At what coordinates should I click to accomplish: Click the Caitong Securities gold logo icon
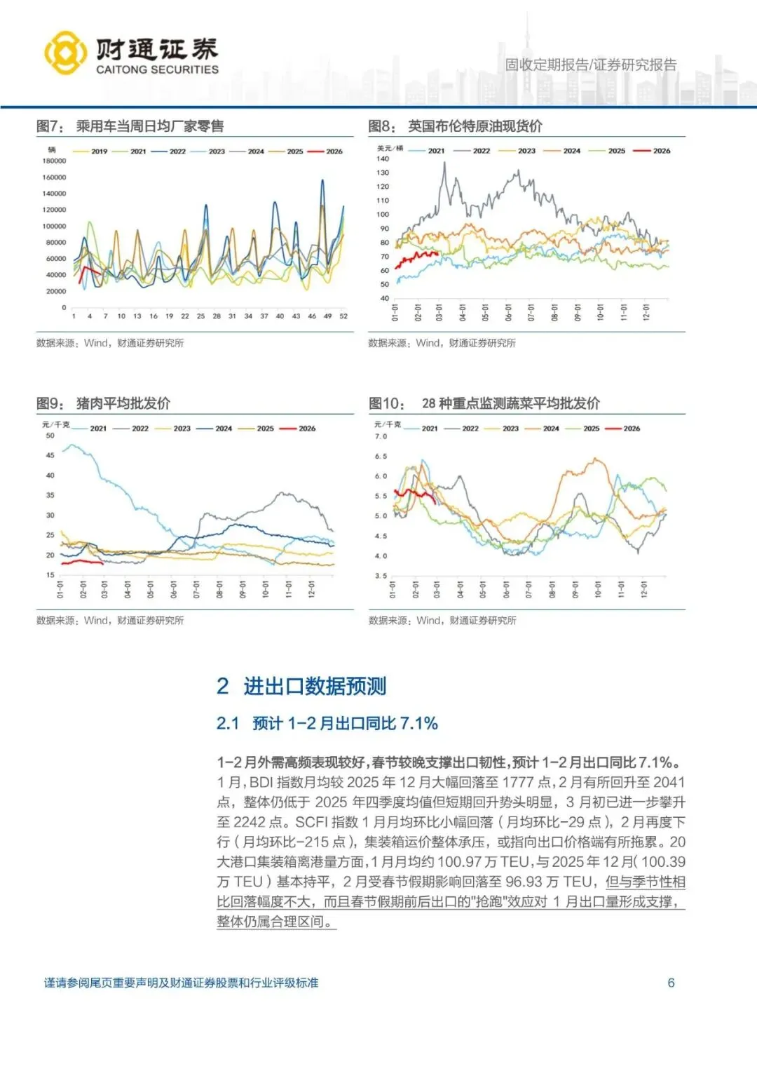click(x=65, y=53)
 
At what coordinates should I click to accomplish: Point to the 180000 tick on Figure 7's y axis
click(x=54, y=161)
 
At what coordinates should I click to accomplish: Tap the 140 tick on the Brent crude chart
click(x=383, y=159)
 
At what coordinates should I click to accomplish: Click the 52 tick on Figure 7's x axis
click(x=343, y=316)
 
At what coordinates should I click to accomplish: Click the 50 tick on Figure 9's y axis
click(x=50, y=436)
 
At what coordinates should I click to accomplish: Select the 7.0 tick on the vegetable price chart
click(x=381, y=436)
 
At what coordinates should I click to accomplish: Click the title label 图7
click(x=49, y=126)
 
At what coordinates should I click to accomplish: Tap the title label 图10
click(x=386, y=403)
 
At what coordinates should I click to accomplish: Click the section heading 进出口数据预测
click(x=315, y=686)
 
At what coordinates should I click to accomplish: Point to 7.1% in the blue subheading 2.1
click(x=418, y=723)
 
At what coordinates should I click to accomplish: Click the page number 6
click(x=671, y=983)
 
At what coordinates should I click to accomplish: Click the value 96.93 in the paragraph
click(x=543, y=882)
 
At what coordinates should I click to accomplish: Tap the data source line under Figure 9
click(x=110, y=620)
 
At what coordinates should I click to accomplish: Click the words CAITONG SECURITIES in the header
click(x=157, y=69)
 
